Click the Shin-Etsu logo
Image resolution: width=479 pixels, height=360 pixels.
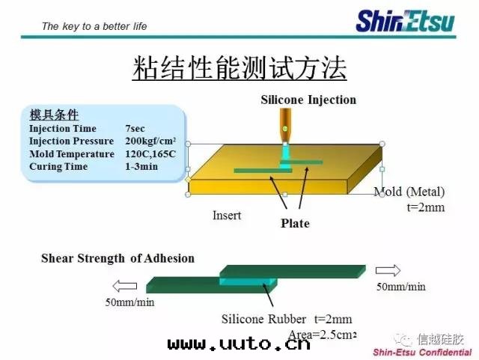pyautogui.click(x=406, y=22)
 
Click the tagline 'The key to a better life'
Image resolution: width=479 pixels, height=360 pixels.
pyautogui.click(x=94, y=26)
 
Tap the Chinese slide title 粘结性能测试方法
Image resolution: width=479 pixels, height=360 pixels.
pyautogui.click(x=239, y=68)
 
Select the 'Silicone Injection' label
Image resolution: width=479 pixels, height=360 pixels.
pyautogui.click(x=308, y=100)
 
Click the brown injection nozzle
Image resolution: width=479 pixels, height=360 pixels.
pyautogui.click(x=285, y=125)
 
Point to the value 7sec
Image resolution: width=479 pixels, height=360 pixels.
pyautogui.click(x=135, y=128)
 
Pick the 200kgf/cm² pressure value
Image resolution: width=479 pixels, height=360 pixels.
pyautogui.click(x=150, y=141)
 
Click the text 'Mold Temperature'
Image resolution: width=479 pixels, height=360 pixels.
pyautogui.click(x=72, y=154)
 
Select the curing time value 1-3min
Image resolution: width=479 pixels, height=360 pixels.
pyautogui.click(x=141, y=167)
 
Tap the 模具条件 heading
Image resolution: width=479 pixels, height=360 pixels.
pyautogui.click(x=54, y=115)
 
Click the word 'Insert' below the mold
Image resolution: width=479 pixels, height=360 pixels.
pyautogui.click(x=227, y=216)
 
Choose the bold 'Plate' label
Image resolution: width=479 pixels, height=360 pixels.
pyautogui.click(x=295, y=223)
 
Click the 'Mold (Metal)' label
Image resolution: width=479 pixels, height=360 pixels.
pyautogui.click(x=409, y=192)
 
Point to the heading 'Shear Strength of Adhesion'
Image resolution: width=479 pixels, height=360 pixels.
pyautogui.click(x=118, y=258)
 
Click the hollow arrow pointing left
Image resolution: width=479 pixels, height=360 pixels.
pyautogui.click(x=125, y=287)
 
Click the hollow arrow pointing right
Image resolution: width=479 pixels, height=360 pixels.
pyautogui.click(x=388, y=270)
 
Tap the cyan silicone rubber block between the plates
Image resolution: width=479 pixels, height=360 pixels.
pyautogui.click(x=248, y=281)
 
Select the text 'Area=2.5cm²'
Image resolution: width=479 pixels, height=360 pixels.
pyautogui.click(x=323, y=335)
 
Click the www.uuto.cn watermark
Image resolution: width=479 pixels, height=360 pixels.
pyautogui.click(x=239, y=344)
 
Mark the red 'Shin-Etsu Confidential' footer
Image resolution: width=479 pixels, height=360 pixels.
pyautogui.click(x=422, y=353)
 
